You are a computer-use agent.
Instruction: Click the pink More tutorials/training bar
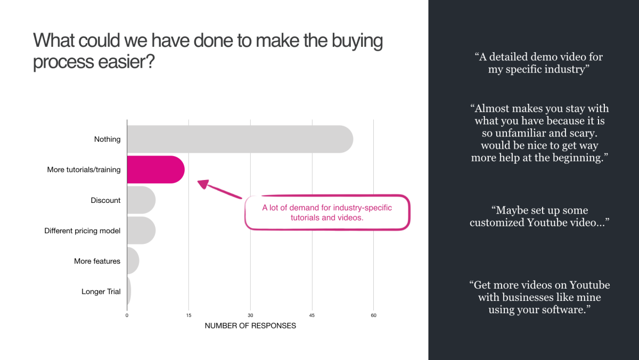click(155, 169)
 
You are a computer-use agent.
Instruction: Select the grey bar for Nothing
click(240, 139)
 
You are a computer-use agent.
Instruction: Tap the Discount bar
click(142, 200)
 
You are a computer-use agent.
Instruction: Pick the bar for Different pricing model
click(142, 231)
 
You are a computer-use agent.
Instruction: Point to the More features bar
click(133, 261)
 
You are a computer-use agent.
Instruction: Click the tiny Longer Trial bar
click(129, 291)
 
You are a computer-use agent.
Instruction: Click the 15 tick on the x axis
click(189, 315)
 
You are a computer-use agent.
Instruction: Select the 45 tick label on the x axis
click(312, 315)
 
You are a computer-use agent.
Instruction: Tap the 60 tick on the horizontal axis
click(373, 315)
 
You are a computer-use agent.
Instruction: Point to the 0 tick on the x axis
click(127, 315)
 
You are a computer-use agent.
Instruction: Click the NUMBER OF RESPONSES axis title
click(250, 326)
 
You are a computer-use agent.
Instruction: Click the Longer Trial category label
click(101, 291)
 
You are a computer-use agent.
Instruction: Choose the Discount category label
click(105, 200)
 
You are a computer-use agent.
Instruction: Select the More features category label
click(97, 261)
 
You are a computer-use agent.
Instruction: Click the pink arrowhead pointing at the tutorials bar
click(203, 184)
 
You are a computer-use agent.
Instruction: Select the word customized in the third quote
click(497, 223)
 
